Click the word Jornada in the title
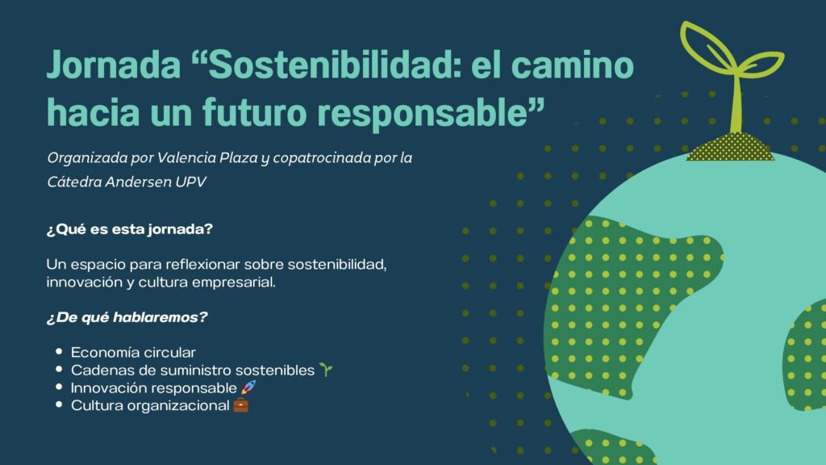tap(113, 65)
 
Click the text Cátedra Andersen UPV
tap(127, 182)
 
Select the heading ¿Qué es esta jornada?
tap(130, 229)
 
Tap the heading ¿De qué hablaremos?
tap(127, 317)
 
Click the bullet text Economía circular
tap(133, 352)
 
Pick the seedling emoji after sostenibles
tap(326, 370)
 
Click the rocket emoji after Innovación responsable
tap(248, 387)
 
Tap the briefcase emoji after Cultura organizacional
tap(240, 405)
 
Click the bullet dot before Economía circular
tap(59, 351)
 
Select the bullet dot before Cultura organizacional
tap(59, 404)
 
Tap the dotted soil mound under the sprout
tap(730, 147)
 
